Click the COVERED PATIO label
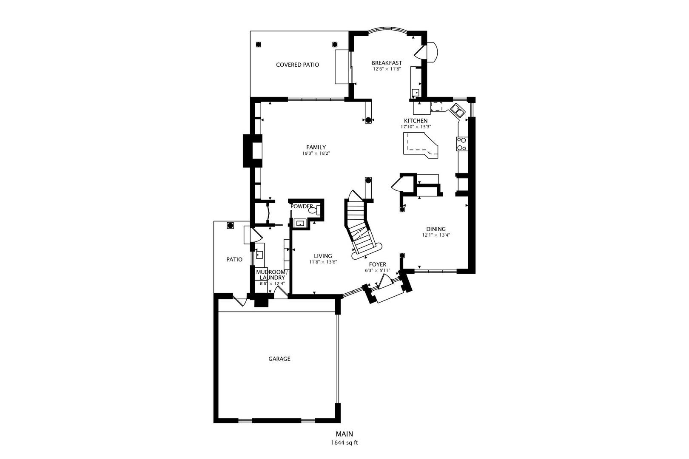click(297, 65)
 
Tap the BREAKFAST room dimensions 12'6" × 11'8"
click(387, 69)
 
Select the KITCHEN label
click(416, 121)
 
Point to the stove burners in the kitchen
click(461, 144)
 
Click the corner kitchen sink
click(458, 110)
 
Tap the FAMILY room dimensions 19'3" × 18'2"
click(316, 153)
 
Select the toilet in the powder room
click(313, 210)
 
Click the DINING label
click(436, 229)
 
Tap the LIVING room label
click(323, 256)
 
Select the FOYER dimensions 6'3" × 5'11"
click(377, 270)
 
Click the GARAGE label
click(279, 359)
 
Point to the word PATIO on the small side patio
click(234, 259)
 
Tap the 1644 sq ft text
click(344, 442)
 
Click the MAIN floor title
click(344, 434)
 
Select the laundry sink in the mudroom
click(259, 255)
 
